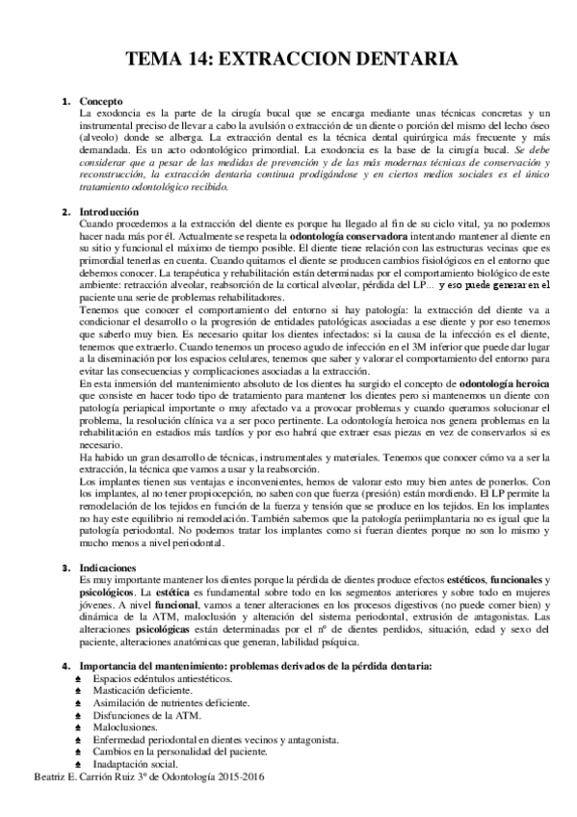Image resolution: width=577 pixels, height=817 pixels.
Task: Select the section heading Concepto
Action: [101, 101]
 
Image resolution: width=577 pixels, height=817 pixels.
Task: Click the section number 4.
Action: [65, 667]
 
